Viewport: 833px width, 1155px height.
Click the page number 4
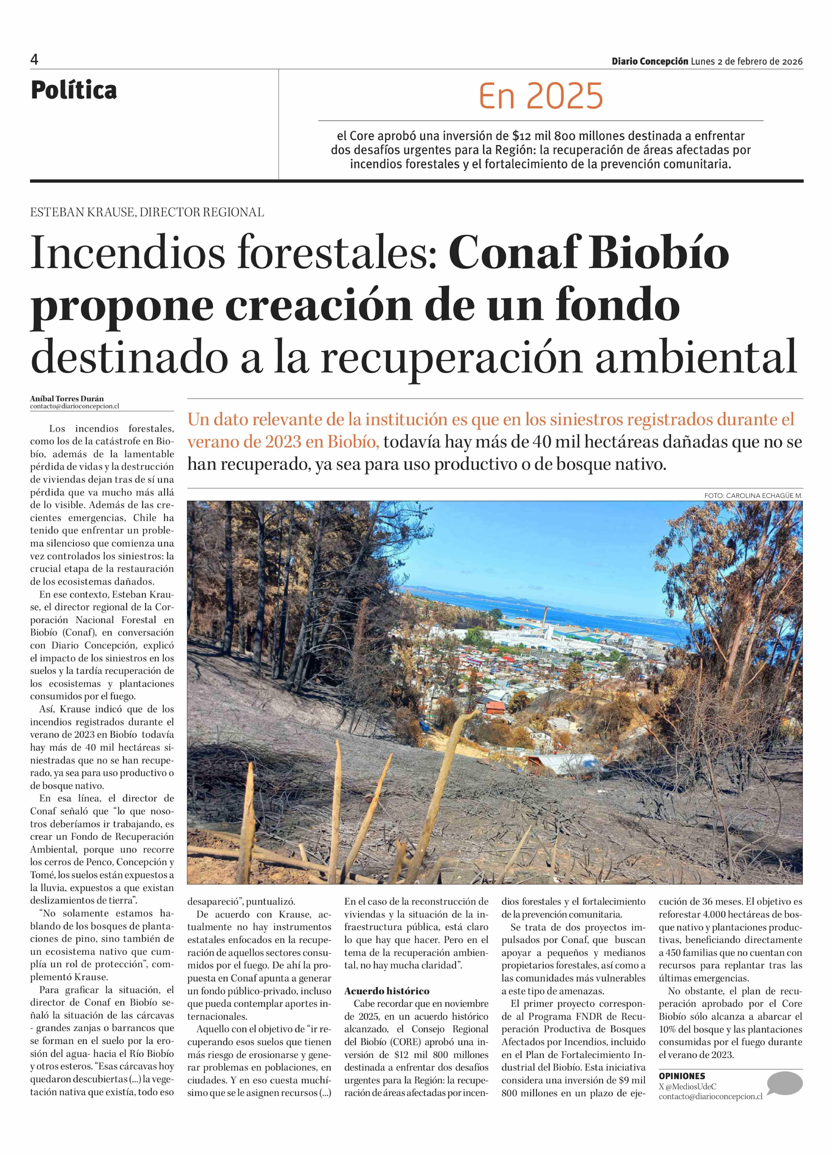click(34, 60)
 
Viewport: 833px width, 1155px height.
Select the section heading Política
click(74, 91)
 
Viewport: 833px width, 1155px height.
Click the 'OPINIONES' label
click(682, 1076)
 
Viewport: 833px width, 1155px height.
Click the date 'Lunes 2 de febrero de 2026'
click(746, 62)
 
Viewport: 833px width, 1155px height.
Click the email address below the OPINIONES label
click(710, 1096)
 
